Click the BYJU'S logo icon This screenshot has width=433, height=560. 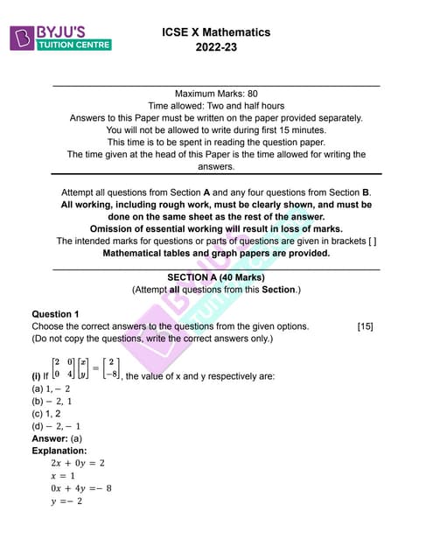[x=20, y=38]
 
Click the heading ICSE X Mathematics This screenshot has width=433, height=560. [x=216, y=32]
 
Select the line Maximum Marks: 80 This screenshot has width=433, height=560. [x=216, y=92]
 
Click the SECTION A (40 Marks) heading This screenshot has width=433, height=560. [x=216, y=276]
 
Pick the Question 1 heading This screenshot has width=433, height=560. [x=55, y=313]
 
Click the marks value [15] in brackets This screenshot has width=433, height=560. [x=366, y=326]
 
